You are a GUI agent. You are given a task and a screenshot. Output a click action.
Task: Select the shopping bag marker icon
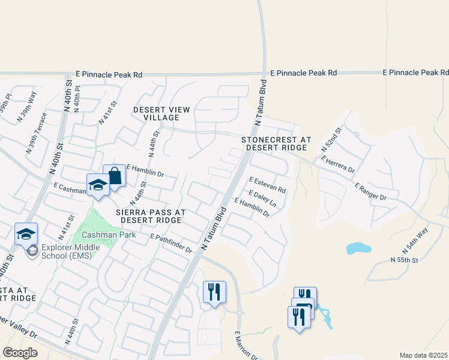[x=114, y=176]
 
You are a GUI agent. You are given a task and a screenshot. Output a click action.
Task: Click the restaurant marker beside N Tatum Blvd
[x=214, y=292]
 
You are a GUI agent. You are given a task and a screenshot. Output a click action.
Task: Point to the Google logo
[x=20, y=352]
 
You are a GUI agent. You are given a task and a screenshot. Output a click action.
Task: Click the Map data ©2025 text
[x=423, y=355]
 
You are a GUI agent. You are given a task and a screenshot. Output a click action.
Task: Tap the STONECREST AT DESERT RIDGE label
[x=277, y=143]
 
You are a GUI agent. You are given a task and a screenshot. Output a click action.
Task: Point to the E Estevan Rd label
[x=267, y=184]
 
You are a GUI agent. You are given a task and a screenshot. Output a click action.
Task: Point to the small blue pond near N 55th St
[x=358, y=248]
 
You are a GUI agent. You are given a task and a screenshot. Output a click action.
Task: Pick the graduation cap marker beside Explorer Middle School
[x=26, y=234]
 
